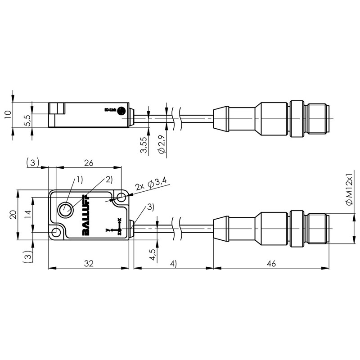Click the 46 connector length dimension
(271, 263)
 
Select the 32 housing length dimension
(89, 263)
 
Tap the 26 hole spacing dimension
(89, 163)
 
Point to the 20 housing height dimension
(13, 215)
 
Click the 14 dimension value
(29, 215)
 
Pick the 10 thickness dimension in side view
(8, 115)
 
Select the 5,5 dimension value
(27, 120)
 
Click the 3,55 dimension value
(144, 145)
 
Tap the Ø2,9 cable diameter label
(162, 144)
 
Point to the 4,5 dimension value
(153, 254)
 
